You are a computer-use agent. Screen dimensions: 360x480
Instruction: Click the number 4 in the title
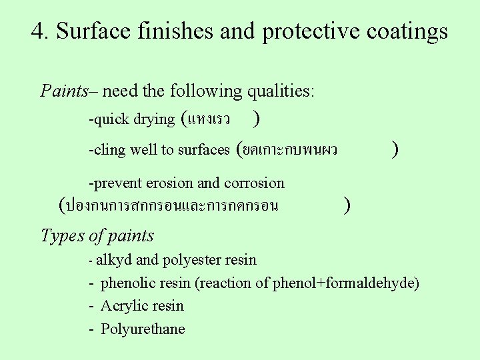click(x=38, y=31)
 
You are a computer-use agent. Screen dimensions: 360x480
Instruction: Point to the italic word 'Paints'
click(x=64, y=91)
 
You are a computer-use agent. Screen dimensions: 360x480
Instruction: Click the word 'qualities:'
click(x=281, y=91)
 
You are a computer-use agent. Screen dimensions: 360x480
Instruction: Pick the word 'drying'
click(x=153, y=120)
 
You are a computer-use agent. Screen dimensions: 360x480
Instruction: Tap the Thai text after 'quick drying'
click(x=209, y=120)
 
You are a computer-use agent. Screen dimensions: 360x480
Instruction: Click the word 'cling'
click(x=110, y=150)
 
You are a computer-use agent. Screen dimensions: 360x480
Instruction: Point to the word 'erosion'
click(x=169, y=183)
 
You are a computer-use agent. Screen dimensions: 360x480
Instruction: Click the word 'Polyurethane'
click(x=143, y=329)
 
